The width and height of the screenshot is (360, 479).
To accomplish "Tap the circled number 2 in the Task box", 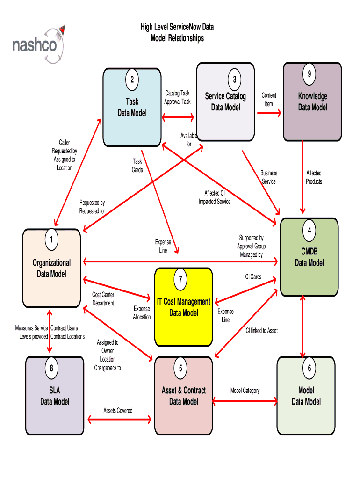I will [x=132, y=80].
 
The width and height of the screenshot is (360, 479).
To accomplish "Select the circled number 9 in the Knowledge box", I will [x=309, y=74].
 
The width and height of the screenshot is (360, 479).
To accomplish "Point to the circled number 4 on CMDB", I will [x=309, y=231].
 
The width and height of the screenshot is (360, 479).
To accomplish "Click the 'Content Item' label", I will [x=269, y=100].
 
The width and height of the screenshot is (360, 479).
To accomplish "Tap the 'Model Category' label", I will [x=245, y=391].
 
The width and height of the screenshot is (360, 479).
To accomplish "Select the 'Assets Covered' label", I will [x=118, y=411].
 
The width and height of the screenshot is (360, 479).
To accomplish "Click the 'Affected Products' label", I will [x=314, y=177].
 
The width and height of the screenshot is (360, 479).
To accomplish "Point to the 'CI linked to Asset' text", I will [x=262, y=331].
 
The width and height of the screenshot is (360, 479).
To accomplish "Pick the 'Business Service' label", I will [x=269, y=177].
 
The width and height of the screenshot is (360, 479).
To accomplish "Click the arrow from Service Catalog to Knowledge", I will [x=269, y=112].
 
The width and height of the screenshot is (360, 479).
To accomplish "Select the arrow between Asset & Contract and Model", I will [x=245, y=401].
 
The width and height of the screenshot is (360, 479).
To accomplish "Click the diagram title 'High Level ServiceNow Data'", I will [x=177, y=28].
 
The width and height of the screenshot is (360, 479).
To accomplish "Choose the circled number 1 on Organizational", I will [x=51, y=240].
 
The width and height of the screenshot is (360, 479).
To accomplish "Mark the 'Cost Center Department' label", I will [x=103, y=299].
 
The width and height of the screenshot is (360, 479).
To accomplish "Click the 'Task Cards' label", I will [x=137, y=166].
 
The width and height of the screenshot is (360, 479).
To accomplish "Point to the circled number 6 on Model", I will [x=309, y=369].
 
